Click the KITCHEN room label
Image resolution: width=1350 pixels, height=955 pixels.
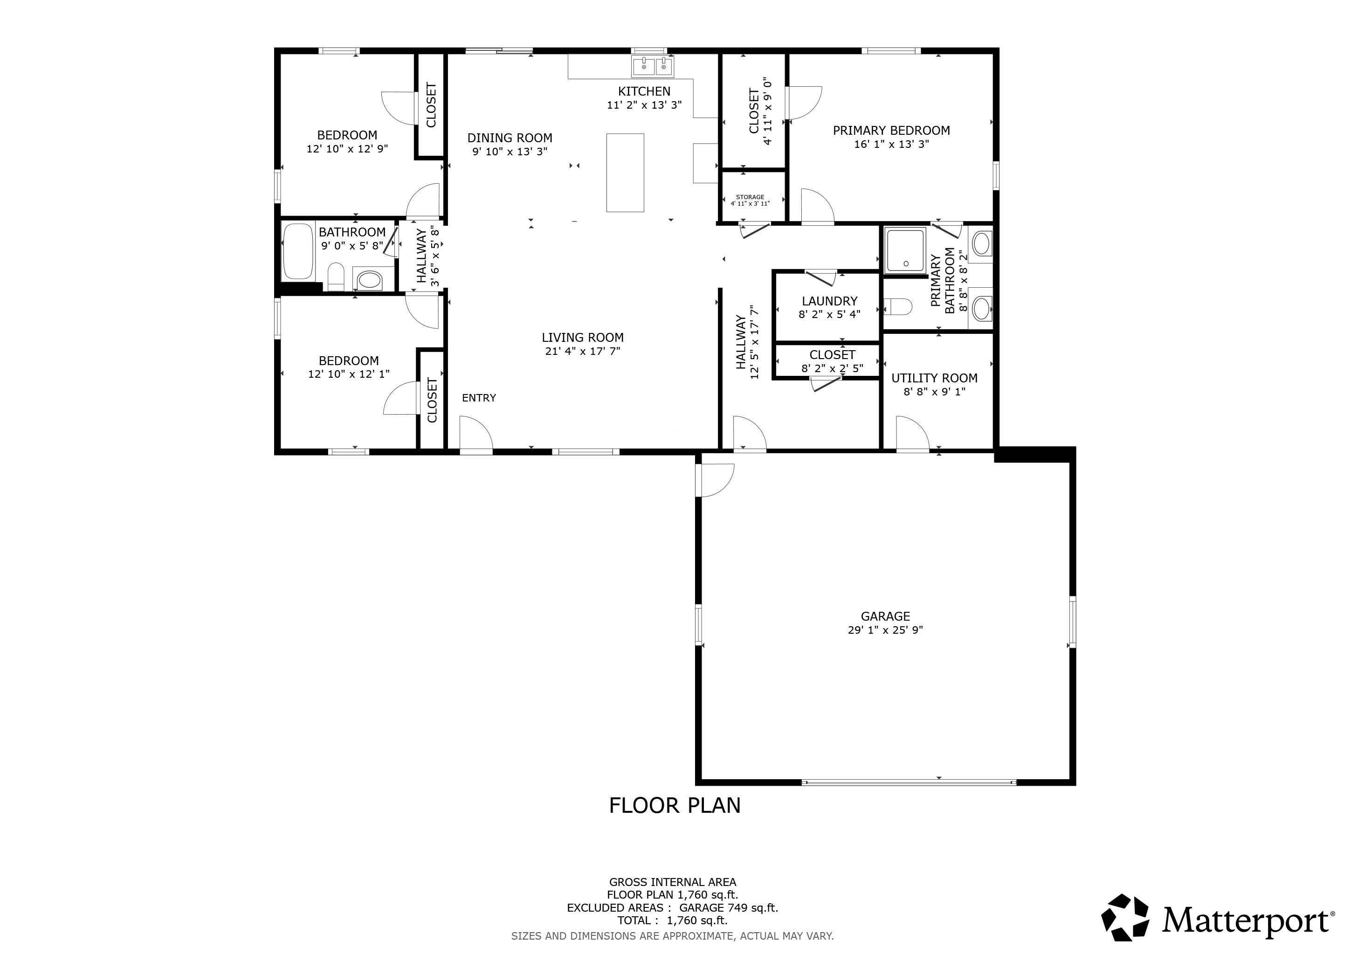point(644,91)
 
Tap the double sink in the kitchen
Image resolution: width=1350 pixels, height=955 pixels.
point(653,67)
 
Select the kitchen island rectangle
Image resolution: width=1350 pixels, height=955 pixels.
point(625,172)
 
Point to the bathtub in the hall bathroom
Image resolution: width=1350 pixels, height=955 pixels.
point(297,252)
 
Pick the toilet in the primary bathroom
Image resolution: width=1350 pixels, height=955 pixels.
point(898,306)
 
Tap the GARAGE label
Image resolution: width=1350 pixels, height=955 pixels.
point(886,616)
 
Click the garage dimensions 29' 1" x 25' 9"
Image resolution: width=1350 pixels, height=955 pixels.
point(886,630)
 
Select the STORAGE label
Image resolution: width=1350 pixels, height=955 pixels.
point(750,197)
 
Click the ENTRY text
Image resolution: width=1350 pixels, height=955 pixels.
point(479,398)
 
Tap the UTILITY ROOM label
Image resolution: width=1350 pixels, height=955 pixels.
point(934,378)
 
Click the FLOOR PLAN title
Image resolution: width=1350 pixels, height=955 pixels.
point(675,806)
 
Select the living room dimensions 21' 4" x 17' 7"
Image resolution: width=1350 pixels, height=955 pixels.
point(583,352)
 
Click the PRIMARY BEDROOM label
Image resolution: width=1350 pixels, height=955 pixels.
point(891,131)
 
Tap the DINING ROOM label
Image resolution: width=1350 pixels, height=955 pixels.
point(510,138)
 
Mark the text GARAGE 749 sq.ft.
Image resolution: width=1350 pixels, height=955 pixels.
point(729,908)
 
